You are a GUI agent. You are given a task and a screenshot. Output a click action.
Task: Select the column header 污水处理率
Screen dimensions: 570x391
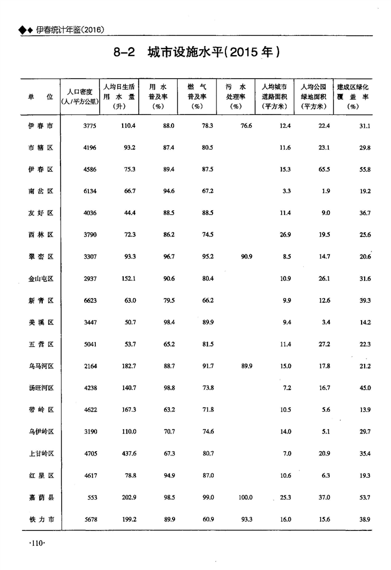pos(235,96)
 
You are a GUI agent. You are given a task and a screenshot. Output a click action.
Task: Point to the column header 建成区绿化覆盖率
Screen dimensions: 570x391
pos(353,96)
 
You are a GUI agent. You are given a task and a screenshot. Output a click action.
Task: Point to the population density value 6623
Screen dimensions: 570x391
pos(89,301)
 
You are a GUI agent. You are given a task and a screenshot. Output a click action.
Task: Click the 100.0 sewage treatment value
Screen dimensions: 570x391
pos(245,497)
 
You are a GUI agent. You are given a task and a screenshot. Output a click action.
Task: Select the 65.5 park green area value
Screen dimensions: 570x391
pos(323,170)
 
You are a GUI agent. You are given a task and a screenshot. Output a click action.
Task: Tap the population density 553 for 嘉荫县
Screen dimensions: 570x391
pos(92,497)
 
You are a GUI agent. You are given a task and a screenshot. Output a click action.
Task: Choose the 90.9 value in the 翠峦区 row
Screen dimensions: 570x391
pos(247,257)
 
